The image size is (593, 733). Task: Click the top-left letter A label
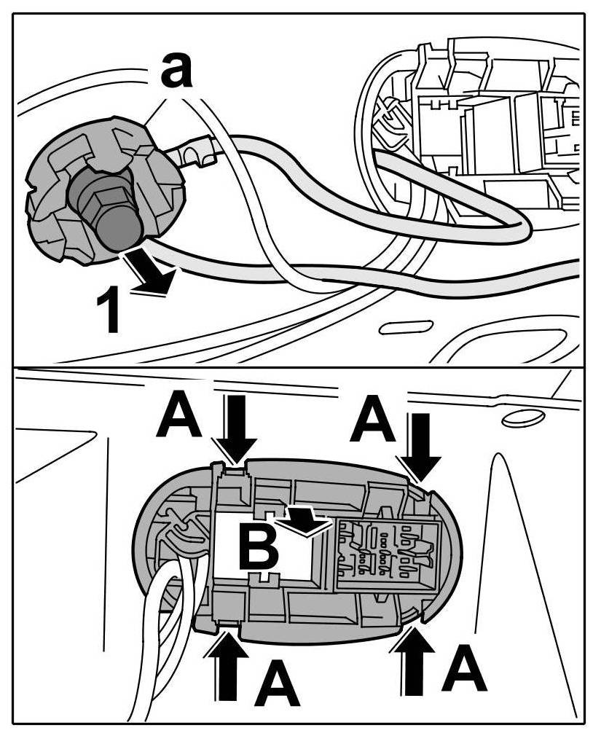point(179,415)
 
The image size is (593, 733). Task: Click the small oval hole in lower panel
point(522,418)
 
